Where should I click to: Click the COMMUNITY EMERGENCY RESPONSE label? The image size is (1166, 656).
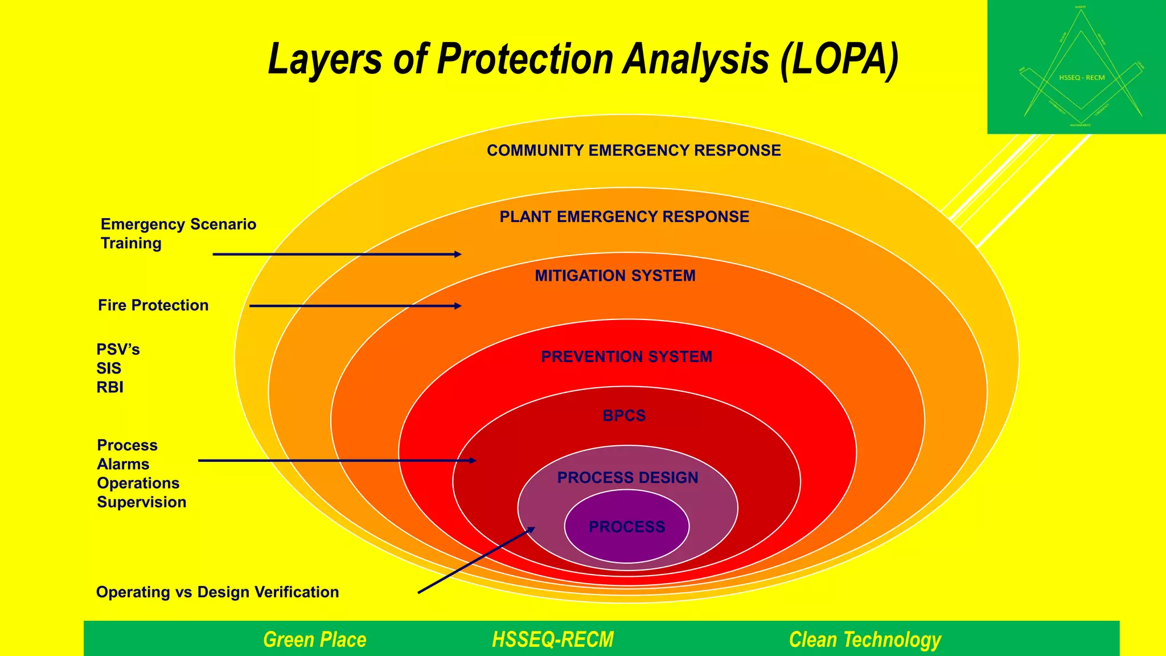pyautogui.click(x=634, y=150)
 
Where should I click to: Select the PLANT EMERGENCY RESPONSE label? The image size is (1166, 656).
pyautogui.click(x=624, y=217)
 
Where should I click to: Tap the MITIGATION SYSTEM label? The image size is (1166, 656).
pyautogui.click(x=615, y=276)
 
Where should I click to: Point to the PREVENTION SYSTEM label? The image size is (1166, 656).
pyautogui.click(x=626, y=357)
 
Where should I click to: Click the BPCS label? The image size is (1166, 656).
pyautogui.click(x=624, y=416)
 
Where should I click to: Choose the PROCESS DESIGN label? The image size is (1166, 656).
pyautogui.click(x=627, y=478)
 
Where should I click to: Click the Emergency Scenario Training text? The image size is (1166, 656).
pyautogui.click(x=178, y=233)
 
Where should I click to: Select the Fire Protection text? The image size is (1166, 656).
pyautogui.click(x=153, y=305)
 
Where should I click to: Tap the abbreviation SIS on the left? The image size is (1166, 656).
pyautogui.click(x=109, y=368)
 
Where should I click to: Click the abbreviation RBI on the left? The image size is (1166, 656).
pyautogui.click(x=110, y=387)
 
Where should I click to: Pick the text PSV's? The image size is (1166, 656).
pyautogui.click(x=118, y=349)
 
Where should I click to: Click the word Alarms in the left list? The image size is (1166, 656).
pyautogui.click(x=123, y=464)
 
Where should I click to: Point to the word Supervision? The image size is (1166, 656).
pyautogui.click(x=141, y=502)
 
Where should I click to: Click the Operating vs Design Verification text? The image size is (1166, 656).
pyautogui.click(x=217, y=592)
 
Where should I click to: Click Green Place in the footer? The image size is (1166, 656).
pyautogui.click(x=314, y=639)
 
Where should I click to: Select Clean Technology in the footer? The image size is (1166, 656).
pyautogui.click(x=864, y=639)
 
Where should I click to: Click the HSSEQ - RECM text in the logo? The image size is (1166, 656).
pyautogui.click(x=1082, y=77)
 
